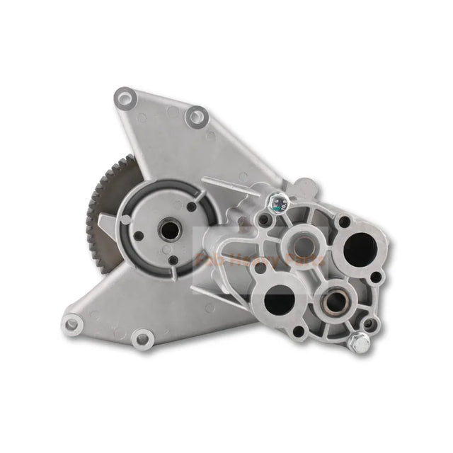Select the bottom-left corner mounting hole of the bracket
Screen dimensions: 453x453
click(x=74, y=325)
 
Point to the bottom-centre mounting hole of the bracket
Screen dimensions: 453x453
click(x=142, y=340)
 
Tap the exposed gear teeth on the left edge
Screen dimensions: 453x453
click(x=93, y=212)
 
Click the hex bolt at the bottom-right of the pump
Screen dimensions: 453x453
click(x=360, y=343)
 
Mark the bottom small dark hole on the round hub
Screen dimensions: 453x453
click(x=172, y=259)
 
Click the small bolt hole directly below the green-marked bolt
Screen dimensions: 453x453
click(x=264, y=222)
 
